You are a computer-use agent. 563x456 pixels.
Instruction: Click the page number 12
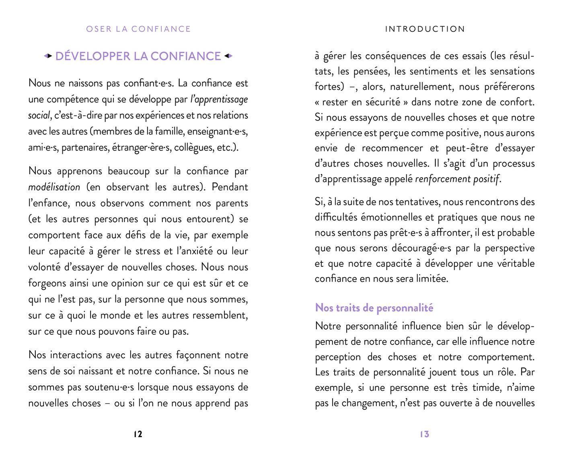point(138,434)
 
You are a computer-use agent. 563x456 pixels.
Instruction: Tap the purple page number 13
point(425,434)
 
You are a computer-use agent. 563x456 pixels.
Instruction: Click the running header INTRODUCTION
point(425,29)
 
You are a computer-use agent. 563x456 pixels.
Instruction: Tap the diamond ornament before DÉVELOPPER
point(48,56)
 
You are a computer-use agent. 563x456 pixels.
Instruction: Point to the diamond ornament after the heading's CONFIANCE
point(228,56)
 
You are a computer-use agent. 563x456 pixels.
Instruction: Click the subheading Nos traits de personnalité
point(374,308)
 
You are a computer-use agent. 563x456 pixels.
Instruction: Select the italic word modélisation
point(54,187)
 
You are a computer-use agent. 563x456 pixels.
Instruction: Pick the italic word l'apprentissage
point(219,99)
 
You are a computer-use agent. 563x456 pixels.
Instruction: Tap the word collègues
point(193,147)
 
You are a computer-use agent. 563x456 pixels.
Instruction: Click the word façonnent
point(198,355)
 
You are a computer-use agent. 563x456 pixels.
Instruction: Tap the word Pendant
point(230,187)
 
